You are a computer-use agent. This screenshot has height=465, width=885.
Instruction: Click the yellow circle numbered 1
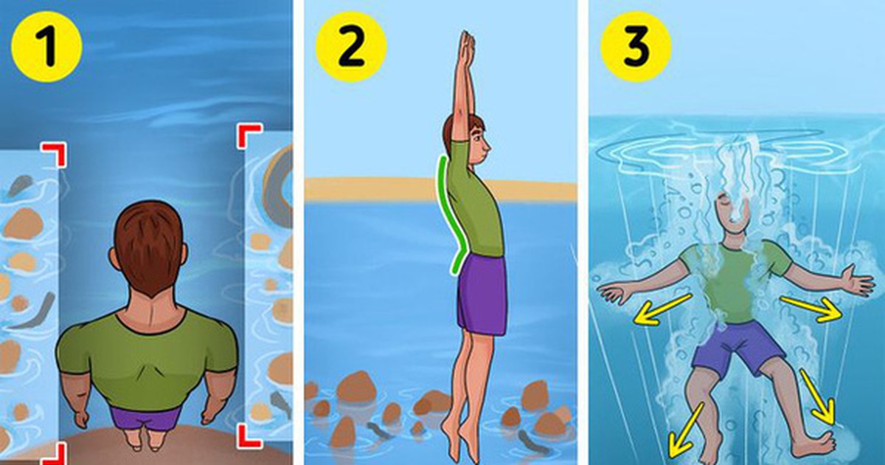click(x=46, y=46)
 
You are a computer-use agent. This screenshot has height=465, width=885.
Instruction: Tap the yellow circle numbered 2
click(x=351, y=46)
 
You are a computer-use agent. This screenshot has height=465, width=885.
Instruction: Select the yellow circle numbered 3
click(x=636, y=46)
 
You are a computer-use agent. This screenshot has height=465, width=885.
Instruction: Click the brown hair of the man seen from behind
click(x=149, y=246)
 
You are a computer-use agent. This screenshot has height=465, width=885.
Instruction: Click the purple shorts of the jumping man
click(x=482, y=294)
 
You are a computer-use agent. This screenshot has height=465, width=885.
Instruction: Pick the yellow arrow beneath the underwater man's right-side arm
click(x=811, y=309)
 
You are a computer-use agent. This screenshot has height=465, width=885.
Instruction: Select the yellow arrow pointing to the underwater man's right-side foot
click(x=819, y=397)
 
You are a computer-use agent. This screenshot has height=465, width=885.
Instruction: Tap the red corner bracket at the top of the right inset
click(x=250, y=137)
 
